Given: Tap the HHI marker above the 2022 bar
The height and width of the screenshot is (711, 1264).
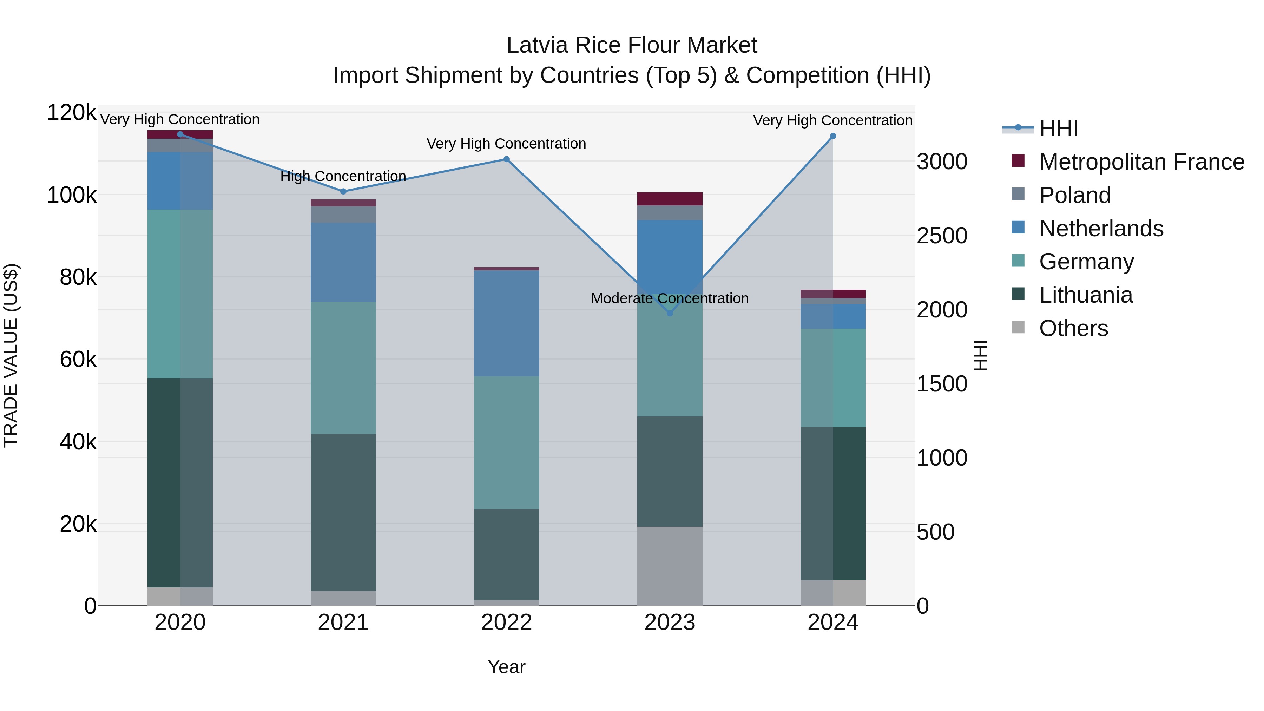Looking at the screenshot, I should point(506,159).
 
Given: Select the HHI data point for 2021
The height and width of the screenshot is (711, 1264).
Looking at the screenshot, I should point(343,191).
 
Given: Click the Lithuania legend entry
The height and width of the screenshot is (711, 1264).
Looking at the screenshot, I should point(1085,295).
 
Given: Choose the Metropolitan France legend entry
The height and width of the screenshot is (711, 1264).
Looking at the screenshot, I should point(1141,162).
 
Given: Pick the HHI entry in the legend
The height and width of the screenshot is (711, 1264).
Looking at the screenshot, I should point(1058,129).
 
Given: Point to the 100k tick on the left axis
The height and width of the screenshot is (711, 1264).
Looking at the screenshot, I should point(72,195).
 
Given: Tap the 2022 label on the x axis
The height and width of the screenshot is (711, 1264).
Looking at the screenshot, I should point(506,623).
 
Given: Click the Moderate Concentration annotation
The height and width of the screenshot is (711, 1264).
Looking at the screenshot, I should point(670,298).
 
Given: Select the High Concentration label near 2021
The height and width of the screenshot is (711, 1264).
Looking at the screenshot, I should point(343,176).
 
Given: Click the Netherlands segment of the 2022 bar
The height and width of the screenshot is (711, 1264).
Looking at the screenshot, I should point(506,324).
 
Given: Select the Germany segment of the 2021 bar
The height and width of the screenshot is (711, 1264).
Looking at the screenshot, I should point(343,368).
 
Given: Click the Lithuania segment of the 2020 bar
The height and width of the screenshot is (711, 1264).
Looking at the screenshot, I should point(179,483).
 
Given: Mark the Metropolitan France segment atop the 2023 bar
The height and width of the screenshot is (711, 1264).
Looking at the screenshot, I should point(670,199).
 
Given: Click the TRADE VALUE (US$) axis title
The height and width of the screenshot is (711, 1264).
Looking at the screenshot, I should point(11,355).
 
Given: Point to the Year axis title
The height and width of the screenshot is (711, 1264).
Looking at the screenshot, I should point(506,667).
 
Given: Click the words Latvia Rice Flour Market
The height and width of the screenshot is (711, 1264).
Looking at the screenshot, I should point(632,45).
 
